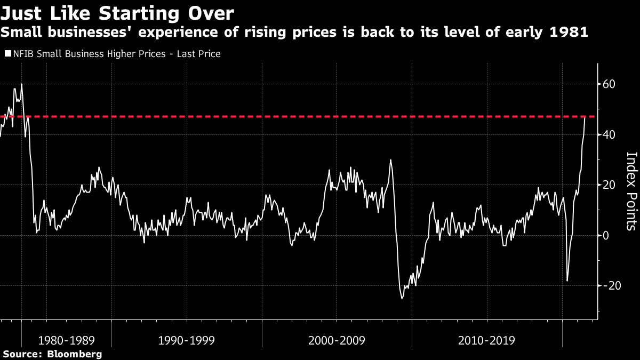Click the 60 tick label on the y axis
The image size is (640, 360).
click(610, 84)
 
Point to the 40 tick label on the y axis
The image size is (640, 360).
click(610, 134)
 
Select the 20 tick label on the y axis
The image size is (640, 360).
click(610, 185)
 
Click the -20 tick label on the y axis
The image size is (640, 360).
click(608, 286)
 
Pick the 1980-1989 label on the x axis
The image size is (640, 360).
click(67, 340)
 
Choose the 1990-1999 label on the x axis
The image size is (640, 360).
click(187, 340)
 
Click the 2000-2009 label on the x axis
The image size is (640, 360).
click(337, 340)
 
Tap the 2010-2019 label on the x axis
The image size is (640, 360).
click(487, 340)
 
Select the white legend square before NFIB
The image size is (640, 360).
click(7, 54)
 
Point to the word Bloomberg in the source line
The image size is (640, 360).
click(75, 354)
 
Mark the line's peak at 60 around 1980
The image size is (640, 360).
click(21, 84)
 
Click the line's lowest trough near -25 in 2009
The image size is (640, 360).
click(402, 298)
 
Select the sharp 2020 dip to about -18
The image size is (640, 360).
click(567, 281)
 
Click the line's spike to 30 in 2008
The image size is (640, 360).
click(390, 160)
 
